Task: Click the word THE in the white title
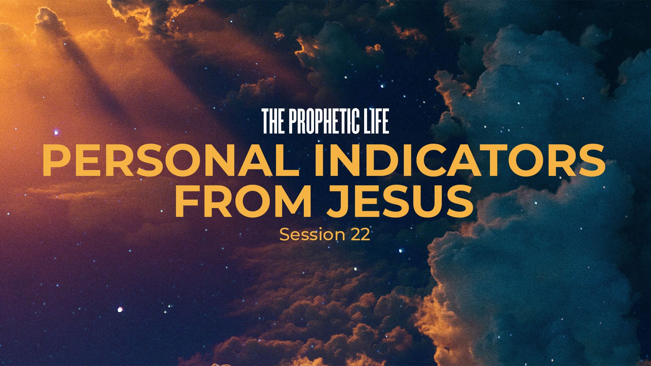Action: pyautogui.click(x=274, y=121)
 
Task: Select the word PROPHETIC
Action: pyautogui.click(x=326, y=121)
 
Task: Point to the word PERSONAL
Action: pyautogui.click(x=171, y=160)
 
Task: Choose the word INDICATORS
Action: pyautogui.click(x=460, y=160)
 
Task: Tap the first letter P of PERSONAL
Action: pyautogui.click(x=56, y=160)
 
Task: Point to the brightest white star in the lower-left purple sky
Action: pyautogui.click(x=120, y=309)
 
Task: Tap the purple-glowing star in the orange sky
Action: pyautogui.click(x=56, y=132)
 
